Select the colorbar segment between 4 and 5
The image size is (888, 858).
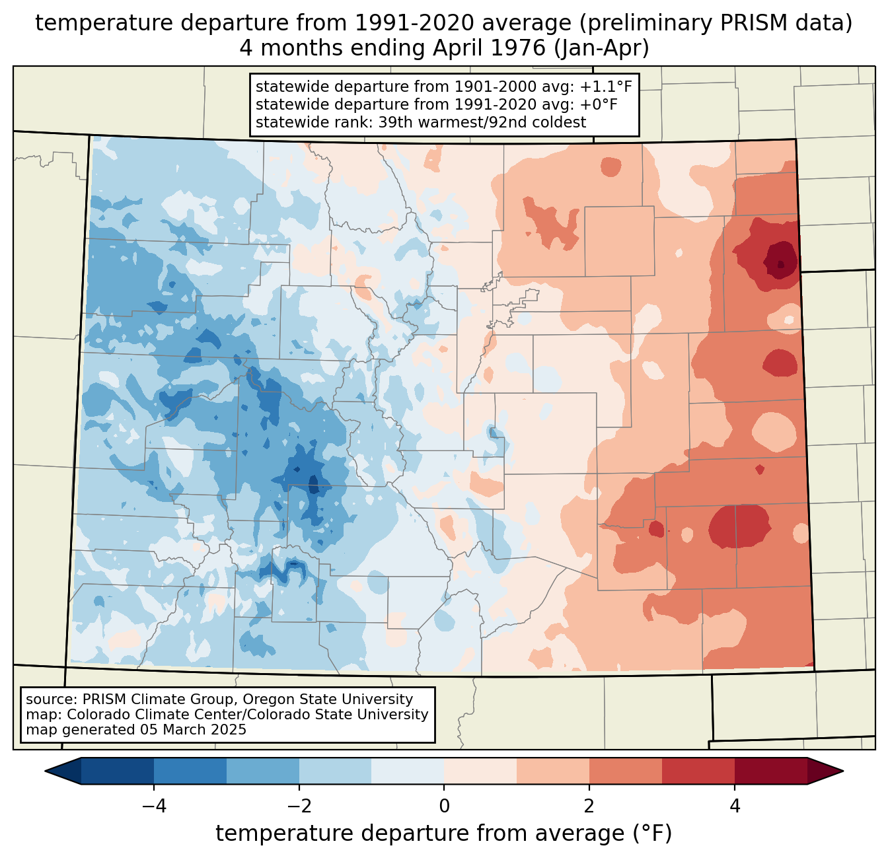click(770, 771)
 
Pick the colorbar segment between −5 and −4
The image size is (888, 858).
click(118, 771)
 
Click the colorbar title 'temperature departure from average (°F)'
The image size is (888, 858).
click(444, 834)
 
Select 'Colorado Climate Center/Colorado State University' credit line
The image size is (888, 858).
click(248, 715)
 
